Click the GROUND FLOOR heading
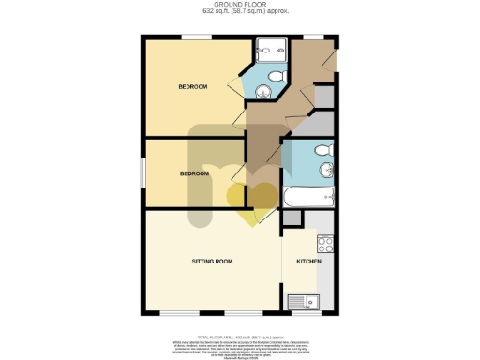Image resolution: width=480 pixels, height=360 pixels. click(240, 5)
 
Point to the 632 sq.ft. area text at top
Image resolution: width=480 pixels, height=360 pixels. click(240, 12)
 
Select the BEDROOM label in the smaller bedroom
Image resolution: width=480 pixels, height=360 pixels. click(194, 174)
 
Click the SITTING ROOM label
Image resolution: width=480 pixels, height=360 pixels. click(212, 261)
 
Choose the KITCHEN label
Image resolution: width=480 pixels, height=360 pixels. click(308, 261)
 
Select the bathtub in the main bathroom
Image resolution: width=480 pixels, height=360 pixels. click(308, 197)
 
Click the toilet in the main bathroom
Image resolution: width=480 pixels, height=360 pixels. click(322, 150)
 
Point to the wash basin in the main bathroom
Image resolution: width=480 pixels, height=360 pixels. click(326, 171)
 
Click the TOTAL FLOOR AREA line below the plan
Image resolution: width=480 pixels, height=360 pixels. click(240, 335)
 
